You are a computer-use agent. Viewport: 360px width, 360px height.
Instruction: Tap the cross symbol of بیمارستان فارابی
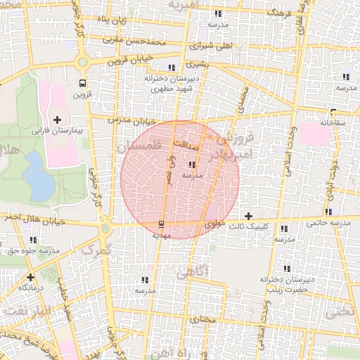pos(58,120)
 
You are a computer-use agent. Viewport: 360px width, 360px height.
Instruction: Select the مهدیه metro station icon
pos(162,224)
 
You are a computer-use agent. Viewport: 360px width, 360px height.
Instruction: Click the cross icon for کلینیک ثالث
pos(248,215)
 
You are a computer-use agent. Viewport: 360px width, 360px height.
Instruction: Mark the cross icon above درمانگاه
pos(30,277)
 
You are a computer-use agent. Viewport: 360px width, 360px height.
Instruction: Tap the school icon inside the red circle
pos(193,164)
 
